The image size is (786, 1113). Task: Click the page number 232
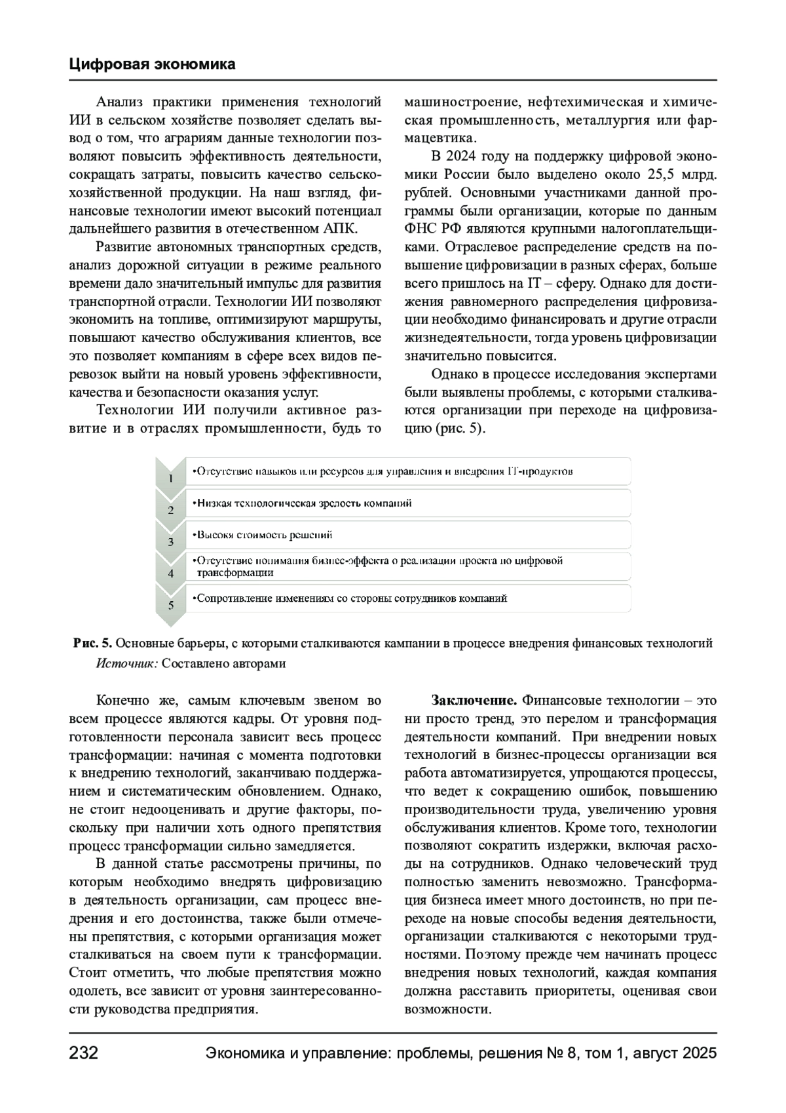83,1054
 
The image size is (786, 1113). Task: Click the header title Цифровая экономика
152,64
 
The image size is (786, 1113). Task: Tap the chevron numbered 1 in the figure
171,477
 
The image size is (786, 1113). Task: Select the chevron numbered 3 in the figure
171,541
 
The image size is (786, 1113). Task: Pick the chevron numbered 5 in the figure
171,604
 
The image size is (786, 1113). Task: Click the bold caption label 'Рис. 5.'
93,643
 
